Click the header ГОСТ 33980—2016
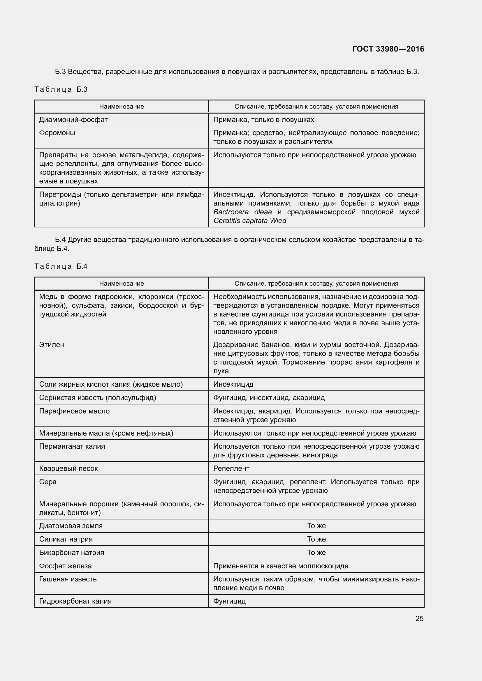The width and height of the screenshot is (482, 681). [388, 49]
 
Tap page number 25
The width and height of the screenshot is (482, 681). [419, 618]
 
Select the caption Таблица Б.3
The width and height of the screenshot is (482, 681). [61, 89]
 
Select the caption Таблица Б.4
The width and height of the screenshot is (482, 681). [61, 266]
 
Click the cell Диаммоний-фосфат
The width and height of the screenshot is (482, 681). [73, 120]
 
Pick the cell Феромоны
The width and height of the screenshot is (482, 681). [57, 132]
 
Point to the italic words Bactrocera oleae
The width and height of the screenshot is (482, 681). [242, 212]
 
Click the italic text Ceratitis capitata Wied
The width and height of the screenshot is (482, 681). [250, 220]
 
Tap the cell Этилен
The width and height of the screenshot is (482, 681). [52, 345]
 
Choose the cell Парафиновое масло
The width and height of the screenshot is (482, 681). [74, 411]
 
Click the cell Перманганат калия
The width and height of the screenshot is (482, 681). [72, 446]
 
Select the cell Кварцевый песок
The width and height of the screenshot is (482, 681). [68, 468]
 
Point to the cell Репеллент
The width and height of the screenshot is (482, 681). [231, 468]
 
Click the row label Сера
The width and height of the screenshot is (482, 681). [48, 482]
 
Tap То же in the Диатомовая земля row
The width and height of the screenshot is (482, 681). [316, 526]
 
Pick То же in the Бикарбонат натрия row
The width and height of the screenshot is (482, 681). [316, 552]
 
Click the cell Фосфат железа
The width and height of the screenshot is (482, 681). [65, 566]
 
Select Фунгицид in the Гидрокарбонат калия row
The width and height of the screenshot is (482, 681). [229, 601]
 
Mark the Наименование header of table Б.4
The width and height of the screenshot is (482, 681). [122, 283]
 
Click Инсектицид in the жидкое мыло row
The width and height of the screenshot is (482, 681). [233, 384]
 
